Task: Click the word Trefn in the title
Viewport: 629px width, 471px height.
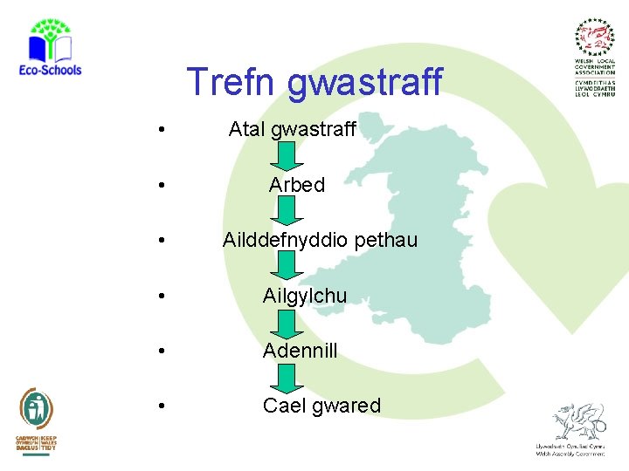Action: tap(232, 82)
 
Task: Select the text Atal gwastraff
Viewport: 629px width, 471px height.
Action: tap(292, 130)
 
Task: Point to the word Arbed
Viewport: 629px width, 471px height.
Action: tap(296, 185)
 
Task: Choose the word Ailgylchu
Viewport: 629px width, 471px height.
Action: tap(304, 297)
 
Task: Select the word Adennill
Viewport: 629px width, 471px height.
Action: tap(300, 351)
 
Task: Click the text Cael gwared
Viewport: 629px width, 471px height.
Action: tap(321, 406)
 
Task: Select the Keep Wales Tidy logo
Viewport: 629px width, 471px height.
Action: tap(37, 420)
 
